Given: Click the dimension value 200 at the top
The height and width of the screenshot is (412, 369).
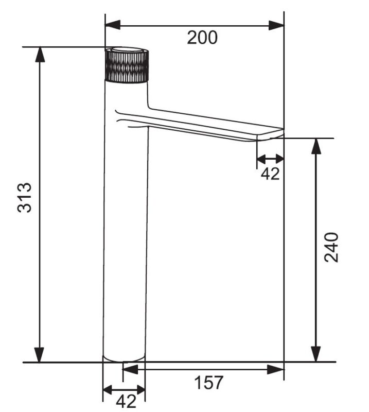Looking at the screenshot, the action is (x=202, y=38).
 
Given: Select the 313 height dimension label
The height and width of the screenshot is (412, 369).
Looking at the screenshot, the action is (x=24, y=197).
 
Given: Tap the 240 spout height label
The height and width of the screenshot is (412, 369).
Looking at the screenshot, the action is (x=331, y=247).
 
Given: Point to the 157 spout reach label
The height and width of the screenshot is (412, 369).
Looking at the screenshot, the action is (x=208, y=382).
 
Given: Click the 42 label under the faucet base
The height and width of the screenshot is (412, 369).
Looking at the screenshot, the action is (x=126, y=401).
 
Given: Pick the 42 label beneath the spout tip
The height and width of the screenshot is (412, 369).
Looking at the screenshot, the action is (x=270, y=174).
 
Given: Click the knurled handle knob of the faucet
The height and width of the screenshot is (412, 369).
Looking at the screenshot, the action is (x=127, y=65).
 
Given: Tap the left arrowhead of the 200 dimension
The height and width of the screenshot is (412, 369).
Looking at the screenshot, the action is (x=113, y=25).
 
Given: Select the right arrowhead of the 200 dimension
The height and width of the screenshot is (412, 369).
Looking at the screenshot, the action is (x=276, y=25).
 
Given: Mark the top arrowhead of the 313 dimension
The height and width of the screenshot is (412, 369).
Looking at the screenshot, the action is (x=40, y=55).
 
